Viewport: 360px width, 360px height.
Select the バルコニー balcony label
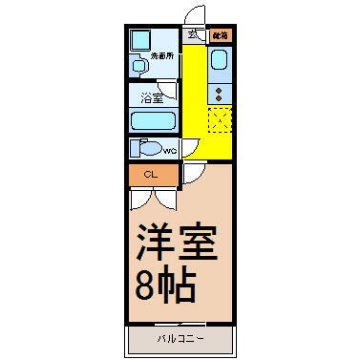pos(180,339)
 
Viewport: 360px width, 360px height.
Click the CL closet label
pos(150,175)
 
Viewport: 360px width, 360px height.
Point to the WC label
pos(169,151)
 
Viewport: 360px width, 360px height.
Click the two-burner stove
pos(219,95)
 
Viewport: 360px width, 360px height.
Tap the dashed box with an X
pos(219,121)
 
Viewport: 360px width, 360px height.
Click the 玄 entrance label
pos(193,35)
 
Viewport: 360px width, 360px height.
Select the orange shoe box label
pos(220,36)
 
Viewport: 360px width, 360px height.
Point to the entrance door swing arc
pos(196,15)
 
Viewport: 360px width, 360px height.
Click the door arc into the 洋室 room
pos(191,173)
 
